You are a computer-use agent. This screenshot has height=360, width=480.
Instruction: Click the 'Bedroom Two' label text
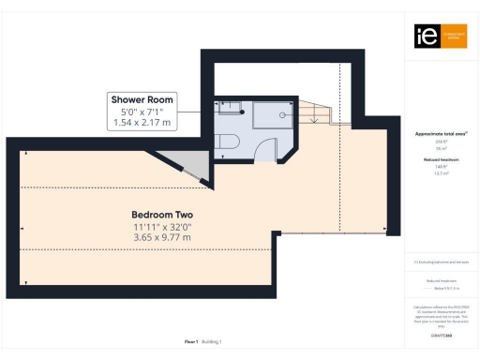[x=162, y=216]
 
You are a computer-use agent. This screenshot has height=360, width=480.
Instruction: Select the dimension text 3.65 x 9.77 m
[x=162, y=237]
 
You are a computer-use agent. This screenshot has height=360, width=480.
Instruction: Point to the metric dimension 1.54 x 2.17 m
[x=142, y=123]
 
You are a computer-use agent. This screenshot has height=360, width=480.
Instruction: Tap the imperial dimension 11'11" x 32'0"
[x=162, y=227]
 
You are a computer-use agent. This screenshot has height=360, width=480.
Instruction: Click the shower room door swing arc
[x=270, y=147]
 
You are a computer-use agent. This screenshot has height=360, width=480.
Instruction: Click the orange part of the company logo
[x=451, y=36]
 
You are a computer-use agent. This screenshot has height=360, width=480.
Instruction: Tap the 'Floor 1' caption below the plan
[x=191, y=342]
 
